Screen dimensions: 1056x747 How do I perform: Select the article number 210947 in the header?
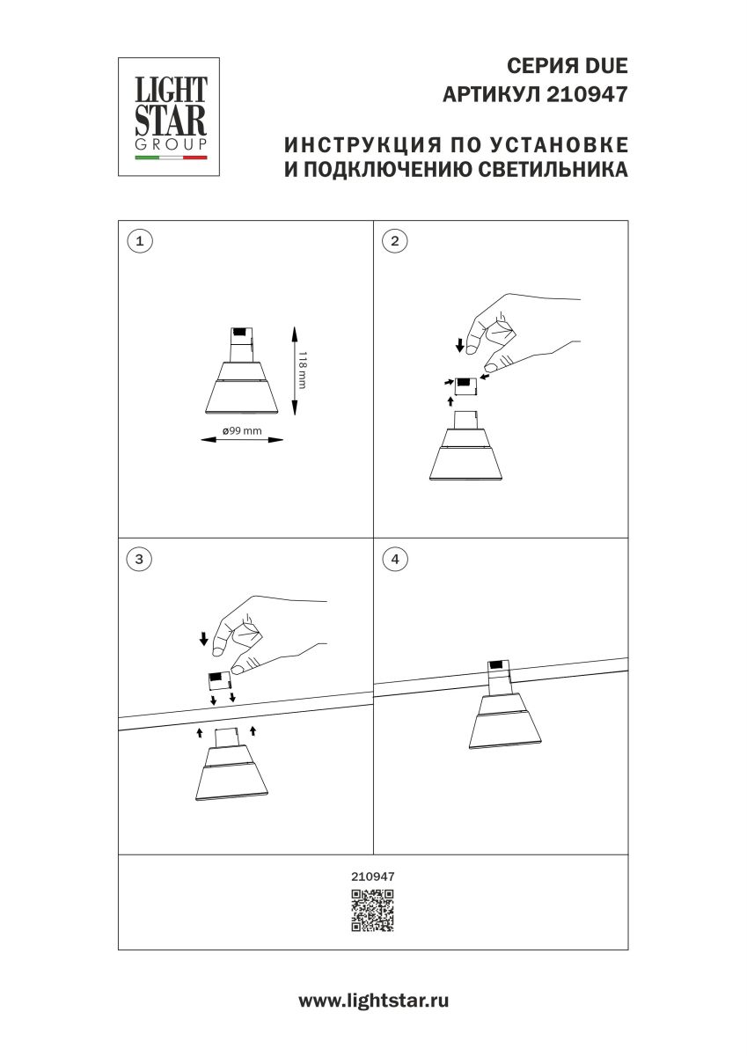588,94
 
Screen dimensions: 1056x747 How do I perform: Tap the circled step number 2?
394,240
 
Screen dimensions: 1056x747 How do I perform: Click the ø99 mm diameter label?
242,429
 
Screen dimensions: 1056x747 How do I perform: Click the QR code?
373,911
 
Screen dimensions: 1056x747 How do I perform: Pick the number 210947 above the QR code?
373,876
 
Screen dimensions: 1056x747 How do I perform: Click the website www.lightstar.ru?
373,1001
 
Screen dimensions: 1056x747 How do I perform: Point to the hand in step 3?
264,634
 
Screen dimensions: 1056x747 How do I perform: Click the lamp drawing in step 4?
500,708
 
